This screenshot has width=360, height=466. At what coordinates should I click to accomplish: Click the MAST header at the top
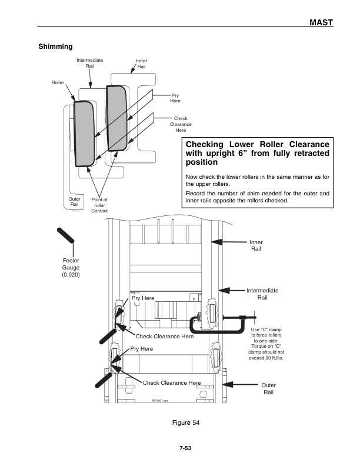click(321, 22)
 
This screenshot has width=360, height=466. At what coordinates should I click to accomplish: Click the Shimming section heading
click(55, 46)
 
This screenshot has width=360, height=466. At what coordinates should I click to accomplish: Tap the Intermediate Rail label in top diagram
click(89, 63)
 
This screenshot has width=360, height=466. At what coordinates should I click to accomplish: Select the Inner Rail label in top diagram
click(141, 64)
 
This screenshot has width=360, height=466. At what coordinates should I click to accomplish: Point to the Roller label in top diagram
click(57, 83)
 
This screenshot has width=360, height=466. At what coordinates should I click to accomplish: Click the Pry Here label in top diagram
click(175, 98)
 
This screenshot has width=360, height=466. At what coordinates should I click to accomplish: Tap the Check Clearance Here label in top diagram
click(181, 124)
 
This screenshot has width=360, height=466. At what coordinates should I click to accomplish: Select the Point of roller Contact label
click(99, 205)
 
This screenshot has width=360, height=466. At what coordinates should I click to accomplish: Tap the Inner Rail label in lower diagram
click(256, 245)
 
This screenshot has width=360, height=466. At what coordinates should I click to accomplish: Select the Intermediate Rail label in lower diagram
click(262, 294)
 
